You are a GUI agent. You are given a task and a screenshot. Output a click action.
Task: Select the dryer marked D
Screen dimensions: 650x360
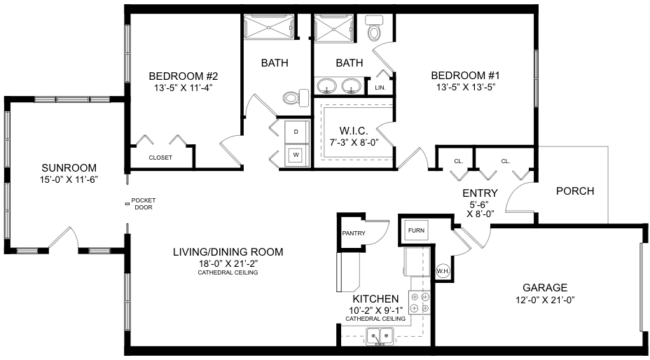click(296, 132)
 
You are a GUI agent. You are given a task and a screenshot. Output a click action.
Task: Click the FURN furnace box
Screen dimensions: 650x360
click(416, 230)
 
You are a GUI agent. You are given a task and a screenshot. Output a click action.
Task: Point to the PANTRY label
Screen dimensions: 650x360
click(354, 233)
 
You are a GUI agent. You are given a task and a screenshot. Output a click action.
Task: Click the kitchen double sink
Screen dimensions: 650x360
click(380, 335)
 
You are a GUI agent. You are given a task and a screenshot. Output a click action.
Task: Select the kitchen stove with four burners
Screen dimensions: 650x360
click(420, 303)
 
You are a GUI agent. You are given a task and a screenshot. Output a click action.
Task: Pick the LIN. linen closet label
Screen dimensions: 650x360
click(380, 88)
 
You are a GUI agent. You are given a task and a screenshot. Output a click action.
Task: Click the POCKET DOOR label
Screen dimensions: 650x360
click(144, 204)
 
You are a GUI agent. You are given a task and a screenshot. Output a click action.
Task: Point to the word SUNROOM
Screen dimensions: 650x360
click(69, 168)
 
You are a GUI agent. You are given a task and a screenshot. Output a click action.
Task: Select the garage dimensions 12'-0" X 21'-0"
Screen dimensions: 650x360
click(545, 300)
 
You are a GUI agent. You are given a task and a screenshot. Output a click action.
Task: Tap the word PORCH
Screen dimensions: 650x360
click(575, 191)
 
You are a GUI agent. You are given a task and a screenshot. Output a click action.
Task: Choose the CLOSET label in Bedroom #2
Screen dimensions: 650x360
click(160, 158)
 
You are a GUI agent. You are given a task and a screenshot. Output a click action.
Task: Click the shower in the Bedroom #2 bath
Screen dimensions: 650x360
click(269, 27)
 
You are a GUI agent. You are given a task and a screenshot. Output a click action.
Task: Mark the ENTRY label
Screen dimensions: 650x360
click(480, 193)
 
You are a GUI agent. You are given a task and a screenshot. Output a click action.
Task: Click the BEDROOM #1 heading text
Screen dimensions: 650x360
click(466, 76)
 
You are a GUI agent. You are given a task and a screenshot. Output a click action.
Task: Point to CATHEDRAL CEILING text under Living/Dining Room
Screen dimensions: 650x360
click(228, 272)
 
